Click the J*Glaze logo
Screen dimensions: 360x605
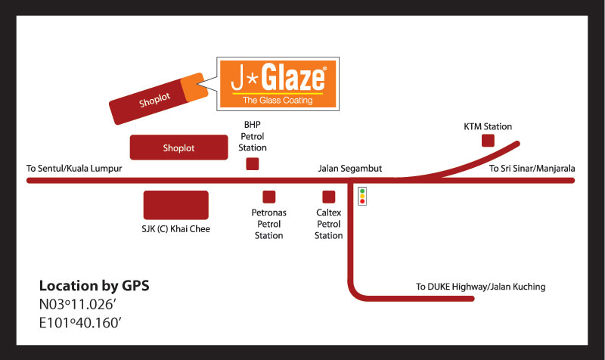coord(278,84)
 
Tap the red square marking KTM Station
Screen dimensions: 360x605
coord(489,141)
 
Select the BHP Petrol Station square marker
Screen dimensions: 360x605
coord(253,163)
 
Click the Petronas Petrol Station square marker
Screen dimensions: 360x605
coord(268,197)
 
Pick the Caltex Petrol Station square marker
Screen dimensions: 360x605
coord(328,197)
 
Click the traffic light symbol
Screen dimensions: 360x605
coord(362,196)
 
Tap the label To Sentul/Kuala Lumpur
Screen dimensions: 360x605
coord(74,169)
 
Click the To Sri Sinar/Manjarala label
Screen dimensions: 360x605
coord(532,169)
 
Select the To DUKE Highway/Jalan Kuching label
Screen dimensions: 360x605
coord(480,287)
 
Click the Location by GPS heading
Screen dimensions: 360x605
coord(95,286)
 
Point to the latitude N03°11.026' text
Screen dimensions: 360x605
coord(80,306)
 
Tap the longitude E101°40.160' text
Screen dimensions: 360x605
coord(80,324)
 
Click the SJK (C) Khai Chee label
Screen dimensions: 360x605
coord(175,228)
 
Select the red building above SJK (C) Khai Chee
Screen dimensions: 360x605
coord(175,205)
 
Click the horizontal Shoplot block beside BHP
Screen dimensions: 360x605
coord(178,147)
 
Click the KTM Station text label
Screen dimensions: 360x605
coord(488,126)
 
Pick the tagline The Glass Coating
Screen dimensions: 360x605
coord(277,101)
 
